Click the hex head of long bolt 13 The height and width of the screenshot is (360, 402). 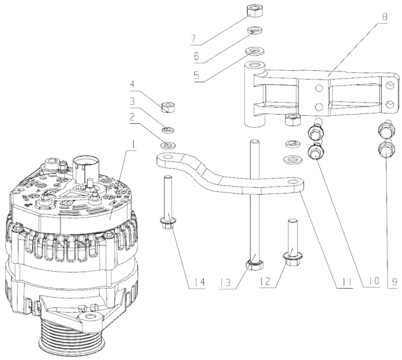(253, 265)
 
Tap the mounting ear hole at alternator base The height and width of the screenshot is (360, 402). (89, 318)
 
